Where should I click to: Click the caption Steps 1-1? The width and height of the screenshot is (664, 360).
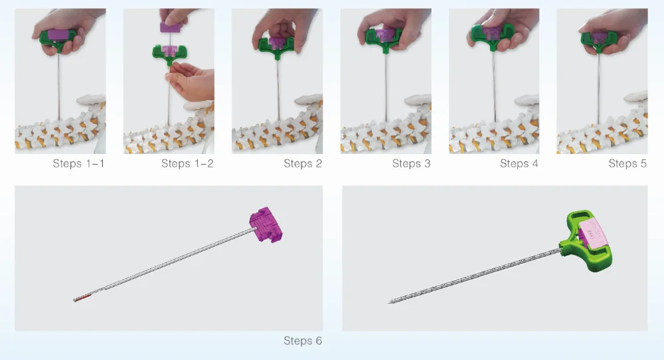pos(79,163)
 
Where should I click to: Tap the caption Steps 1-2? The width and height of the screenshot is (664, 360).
pos(187,163)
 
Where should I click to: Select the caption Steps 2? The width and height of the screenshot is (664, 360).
pos(303,163)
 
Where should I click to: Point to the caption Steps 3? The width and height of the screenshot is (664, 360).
pos(411,163)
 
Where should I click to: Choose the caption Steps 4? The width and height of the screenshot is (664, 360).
pos(519,163)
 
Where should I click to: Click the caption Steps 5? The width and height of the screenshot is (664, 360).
pos(627,163)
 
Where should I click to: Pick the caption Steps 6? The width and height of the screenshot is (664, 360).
pos(303,341)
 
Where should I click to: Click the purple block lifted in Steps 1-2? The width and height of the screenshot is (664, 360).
pos(170,27)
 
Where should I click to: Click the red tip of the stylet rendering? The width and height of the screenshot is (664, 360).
pos(82,298)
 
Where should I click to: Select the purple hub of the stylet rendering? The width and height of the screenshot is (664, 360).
pos(266,225)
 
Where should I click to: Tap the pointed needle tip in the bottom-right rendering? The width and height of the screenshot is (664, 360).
pos(390,302)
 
